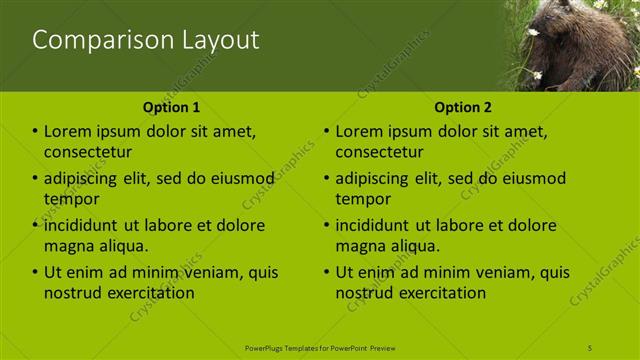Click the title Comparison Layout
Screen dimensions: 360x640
[146, 40]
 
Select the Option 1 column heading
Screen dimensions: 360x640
[171, 107]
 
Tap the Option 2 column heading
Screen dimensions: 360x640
[463, 107]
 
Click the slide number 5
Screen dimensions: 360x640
[590, 347]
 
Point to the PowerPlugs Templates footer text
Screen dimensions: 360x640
[320, 347]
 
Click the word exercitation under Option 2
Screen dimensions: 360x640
[441, 293]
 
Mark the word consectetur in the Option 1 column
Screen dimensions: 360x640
[88, 152]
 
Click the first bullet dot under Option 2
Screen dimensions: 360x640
[326, 131]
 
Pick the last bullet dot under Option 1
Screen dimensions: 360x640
[35, 272]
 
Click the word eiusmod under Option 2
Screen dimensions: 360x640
[527, 179]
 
